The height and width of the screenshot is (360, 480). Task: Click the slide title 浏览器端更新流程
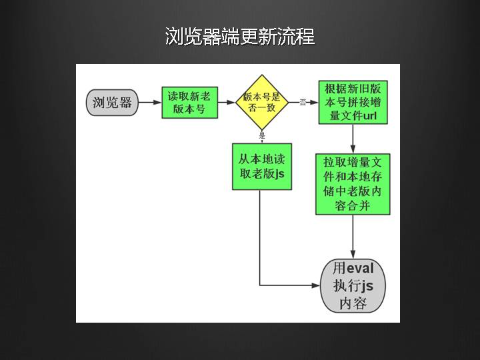point(240,36)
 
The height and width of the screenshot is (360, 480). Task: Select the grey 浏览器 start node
point(112,103)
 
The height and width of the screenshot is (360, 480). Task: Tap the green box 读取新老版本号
point(189,103)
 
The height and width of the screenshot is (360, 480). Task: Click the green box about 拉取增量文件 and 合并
point(352,184)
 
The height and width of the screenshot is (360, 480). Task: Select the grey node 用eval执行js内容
point(353,285)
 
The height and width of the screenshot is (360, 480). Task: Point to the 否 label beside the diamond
point(303,102)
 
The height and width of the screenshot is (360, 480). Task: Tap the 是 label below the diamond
point(262,135)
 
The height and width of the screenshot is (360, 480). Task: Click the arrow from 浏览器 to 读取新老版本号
point(149,103)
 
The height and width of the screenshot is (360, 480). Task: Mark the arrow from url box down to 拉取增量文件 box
point(352,139)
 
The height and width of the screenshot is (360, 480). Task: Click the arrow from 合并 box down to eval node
point(352,237)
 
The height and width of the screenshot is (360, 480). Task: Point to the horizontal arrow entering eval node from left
point(293,285)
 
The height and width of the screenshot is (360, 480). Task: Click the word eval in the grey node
point(361,269)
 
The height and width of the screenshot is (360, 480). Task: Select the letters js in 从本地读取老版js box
point(279,174)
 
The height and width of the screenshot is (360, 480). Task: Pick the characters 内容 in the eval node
point(353,304)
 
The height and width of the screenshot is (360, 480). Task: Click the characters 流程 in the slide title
point(298,36)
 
